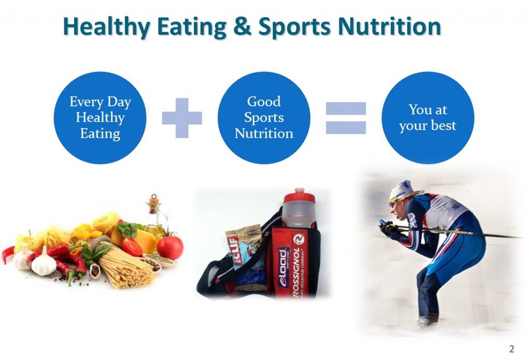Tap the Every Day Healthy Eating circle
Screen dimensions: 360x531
pyautogui.click(x=100, y=118)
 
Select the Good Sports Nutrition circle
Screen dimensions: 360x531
pyautogui.click(x=263, y=118)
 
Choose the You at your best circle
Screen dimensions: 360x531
pyautogui.click(x=428, y=118)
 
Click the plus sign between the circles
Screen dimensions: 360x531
pyautogui.click(x=182, y=118)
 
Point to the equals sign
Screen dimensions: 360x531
pyautogui.click(x=346, y=118)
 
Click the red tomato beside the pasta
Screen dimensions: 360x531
pyautogui.click(x=170, y=247)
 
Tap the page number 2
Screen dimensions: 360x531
pyautogui.click(x=512, y=348)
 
